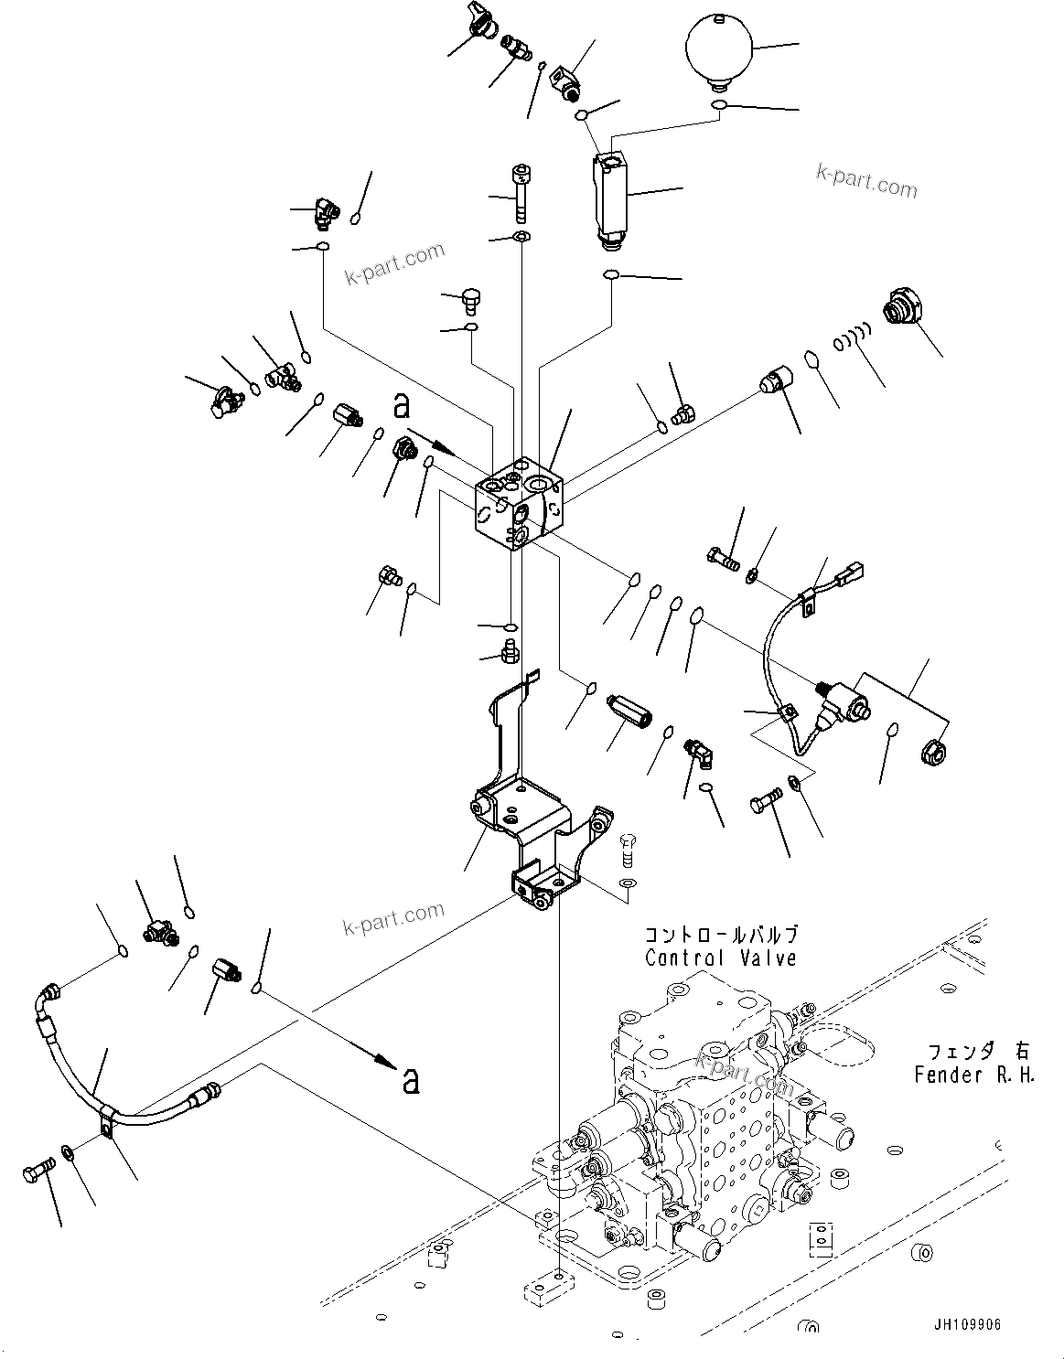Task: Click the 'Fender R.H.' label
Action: pyautogui.click(x=974, y=1075)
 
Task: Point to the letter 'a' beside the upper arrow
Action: pyautogui.click(x=401, y=405)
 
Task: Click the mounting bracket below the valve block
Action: pyautogui.click(x=531, y=814)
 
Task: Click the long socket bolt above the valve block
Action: pyautogui.click(x=521, y=192)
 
